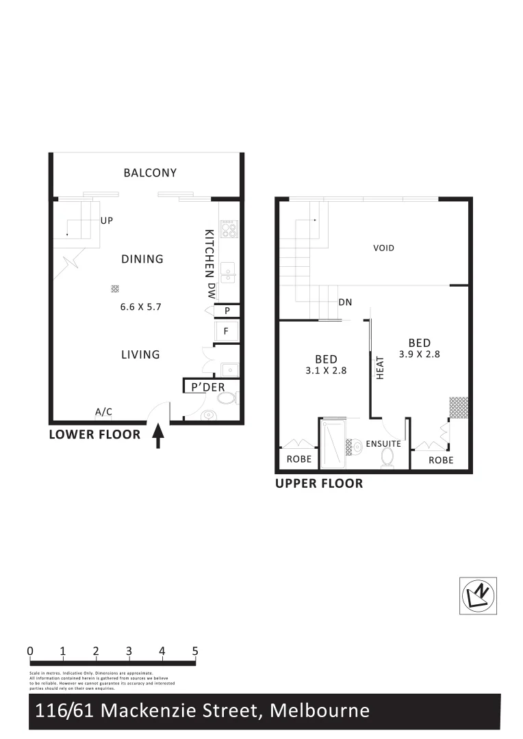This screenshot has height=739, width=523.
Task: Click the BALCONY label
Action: (150, 173)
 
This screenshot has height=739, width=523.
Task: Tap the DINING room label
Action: (142, 259)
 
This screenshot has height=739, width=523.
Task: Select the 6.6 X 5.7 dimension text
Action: (140, 307)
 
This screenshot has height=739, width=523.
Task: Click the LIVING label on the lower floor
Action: (140, 354)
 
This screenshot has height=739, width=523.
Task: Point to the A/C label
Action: (103, 412)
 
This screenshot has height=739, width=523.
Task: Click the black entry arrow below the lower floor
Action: (158, 436)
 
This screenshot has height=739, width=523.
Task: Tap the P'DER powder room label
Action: (208, 387)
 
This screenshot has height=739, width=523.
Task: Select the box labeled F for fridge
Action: (227, 331)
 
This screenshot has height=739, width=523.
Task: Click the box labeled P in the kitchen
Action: (227, 311)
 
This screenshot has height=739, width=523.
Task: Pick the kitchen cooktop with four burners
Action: (229, 229)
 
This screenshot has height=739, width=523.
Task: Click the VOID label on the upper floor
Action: (384, 248)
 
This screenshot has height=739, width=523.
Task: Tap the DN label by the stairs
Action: (346, 302)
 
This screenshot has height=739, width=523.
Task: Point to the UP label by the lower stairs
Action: (106, 221)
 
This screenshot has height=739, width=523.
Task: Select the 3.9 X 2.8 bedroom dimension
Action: (419, 354)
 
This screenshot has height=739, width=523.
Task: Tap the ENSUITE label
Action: (383, 444)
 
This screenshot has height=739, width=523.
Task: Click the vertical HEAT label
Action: (381, 367)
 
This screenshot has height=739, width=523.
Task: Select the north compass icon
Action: (478, 595)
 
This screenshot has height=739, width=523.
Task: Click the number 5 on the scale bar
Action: (195, 651)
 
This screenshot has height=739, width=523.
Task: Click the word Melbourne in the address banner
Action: (320, 711)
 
